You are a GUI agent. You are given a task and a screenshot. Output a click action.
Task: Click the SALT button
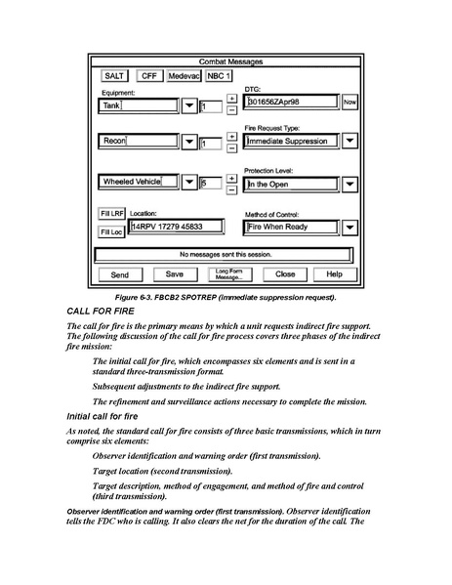click(114, 76)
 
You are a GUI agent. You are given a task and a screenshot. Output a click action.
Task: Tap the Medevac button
click(184, 76)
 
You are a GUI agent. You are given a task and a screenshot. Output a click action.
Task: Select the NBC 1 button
click(219, 76)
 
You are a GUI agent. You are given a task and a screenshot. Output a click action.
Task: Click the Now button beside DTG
click(349, 102)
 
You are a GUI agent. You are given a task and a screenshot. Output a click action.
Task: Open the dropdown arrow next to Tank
click(189, 105)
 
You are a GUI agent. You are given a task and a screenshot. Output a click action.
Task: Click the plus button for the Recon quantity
click(232, 137)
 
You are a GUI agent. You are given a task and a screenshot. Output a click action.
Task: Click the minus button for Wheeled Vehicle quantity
click(232, 190)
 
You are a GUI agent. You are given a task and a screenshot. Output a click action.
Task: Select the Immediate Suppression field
click(291, 141)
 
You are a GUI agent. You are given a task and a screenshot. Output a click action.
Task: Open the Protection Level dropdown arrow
click(349, 184)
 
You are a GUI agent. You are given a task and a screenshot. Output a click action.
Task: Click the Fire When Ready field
click(291, 227)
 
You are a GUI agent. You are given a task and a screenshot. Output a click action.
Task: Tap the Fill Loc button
click(111, 232)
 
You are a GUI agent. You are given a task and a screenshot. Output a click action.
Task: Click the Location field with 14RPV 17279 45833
click(176, 227)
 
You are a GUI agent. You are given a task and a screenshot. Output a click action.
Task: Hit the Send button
click(120, 275)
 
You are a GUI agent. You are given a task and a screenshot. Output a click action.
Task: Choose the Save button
click(175, 274)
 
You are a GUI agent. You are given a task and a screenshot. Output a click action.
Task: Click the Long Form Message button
click(229, 274)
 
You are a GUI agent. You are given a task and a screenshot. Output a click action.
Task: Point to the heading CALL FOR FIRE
click(101, 312)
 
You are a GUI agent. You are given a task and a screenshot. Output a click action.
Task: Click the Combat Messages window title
click(230, 62)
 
